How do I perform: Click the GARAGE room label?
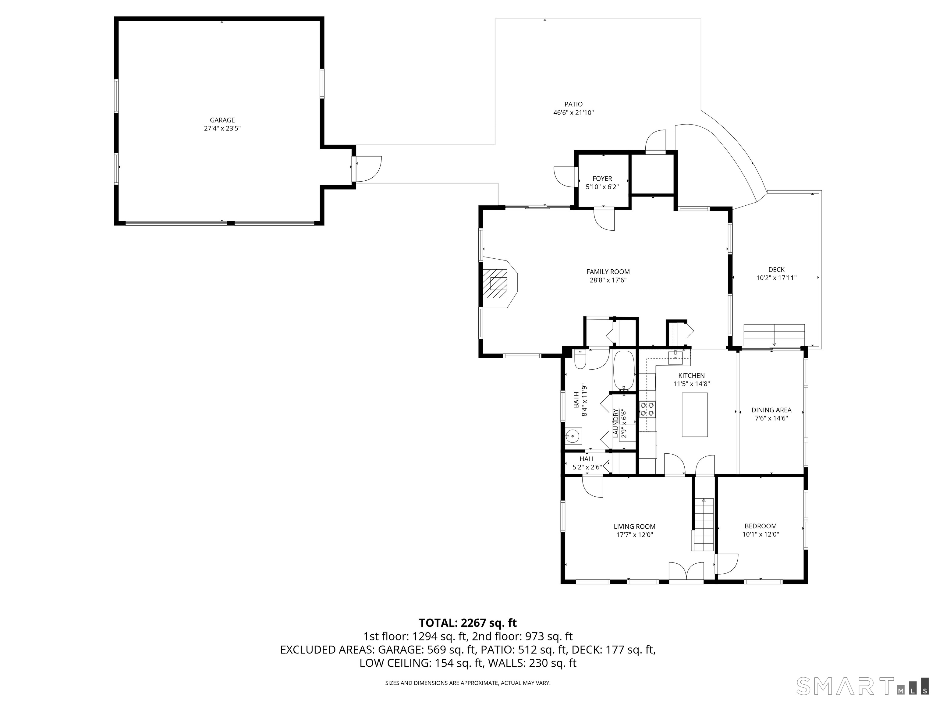click(222, 120)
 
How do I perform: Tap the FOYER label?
click(602, 179)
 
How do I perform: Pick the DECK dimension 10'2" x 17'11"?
click(776, 278)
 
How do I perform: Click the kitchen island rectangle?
click(694, 415)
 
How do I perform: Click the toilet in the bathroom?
click(579, 359)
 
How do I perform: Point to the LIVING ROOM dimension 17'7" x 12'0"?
click(635, 535)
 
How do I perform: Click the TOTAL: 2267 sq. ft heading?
click(468, 623)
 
